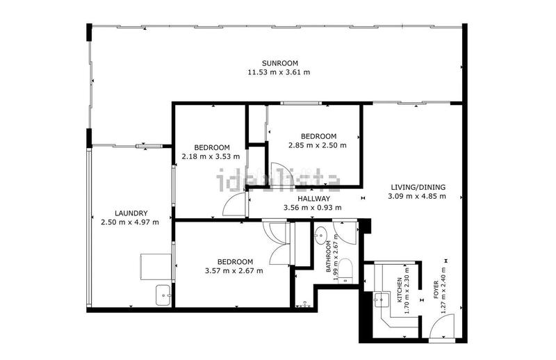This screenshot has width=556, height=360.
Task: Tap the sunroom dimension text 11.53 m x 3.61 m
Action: tap(278, 72)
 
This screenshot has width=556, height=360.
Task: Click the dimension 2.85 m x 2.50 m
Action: tap(317, 145)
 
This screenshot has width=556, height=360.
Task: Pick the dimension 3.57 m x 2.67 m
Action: tap(234, 270)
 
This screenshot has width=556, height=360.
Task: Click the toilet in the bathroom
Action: tap(348, 273)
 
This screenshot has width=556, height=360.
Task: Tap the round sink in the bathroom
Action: tap(321, 236)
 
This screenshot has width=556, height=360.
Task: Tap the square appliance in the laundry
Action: tap(156, 266)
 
